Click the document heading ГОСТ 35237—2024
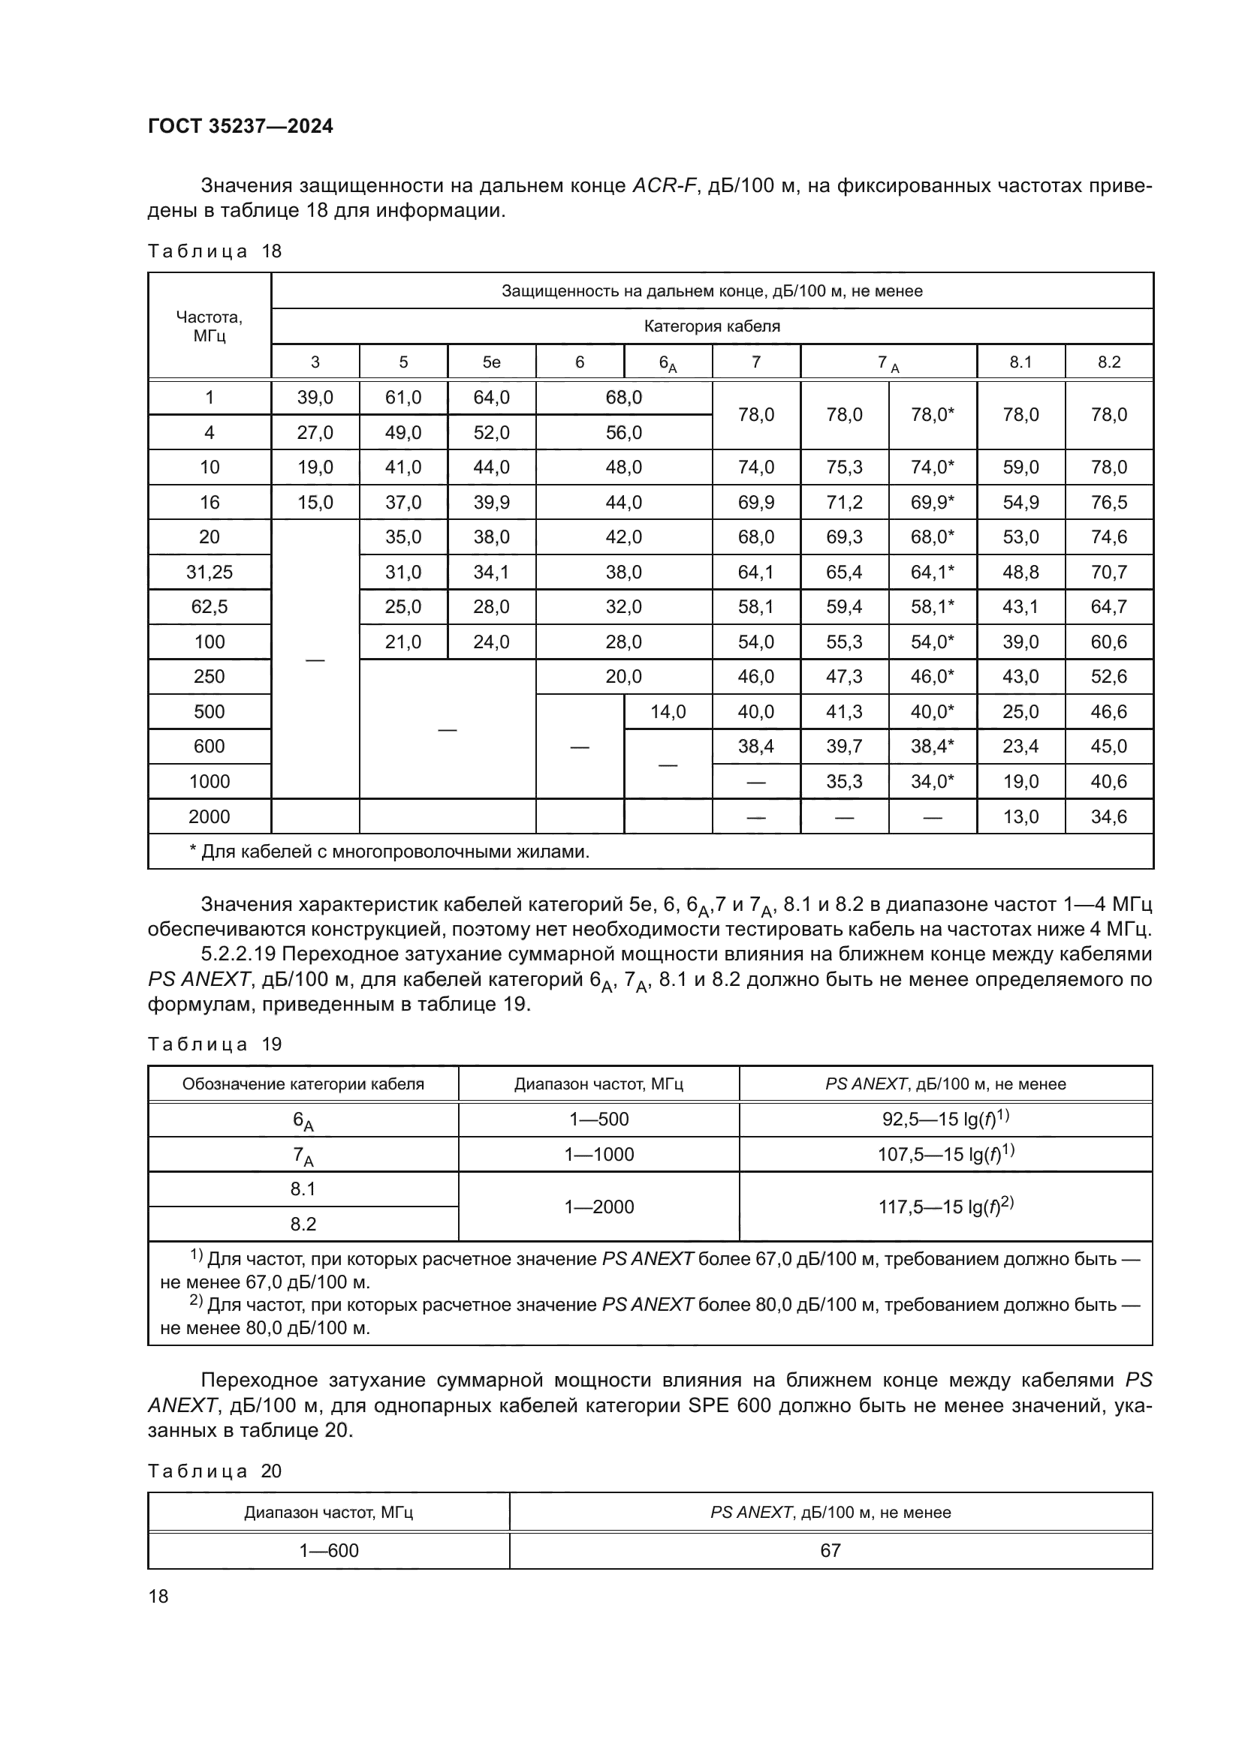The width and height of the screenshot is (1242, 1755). click(x=240, y=126)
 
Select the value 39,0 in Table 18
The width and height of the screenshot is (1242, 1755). click(x=315, y=398)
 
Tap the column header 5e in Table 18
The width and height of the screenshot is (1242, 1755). click(x=491, y=362)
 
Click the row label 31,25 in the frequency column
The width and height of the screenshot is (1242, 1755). click(x=209, y=572)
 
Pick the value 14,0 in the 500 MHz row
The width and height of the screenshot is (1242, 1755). click(x=668, y=711)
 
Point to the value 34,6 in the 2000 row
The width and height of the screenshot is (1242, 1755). click(x=1108, y=816)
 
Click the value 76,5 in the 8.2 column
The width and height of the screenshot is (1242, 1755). click(x=1108, y=502)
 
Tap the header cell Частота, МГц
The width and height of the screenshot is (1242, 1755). click(x=209, y=326)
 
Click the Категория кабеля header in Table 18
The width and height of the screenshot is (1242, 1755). click(x=711, y=326)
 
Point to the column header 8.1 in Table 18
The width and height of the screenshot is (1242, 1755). click(x=1020, y=362)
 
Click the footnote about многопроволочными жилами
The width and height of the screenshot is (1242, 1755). click(x=389, y=852)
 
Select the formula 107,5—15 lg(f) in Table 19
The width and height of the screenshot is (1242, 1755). click(x=945, y=1153)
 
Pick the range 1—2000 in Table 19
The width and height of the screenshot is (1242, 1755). click(x=598, y=1207)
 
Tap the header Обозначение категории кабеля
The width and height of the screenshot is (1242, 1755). click(x=303, y=1084)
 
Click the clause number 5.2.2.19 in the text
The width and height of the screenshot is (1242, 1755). click(x=243, y=954)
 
